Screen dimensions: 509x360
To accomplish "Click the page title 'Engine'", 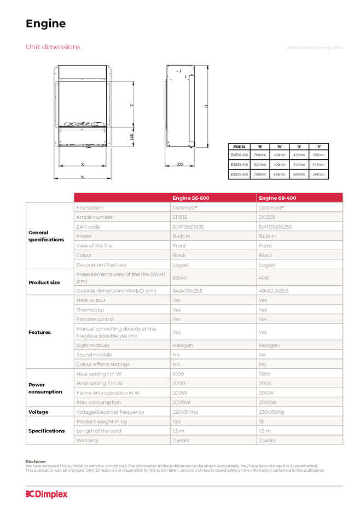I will [x=46, y=24].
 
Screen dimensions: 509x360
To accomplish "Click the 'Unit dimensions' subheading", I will [x=53, y=47].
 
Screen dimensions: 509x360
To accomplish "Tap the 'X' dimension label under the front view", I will [x=83, y=164].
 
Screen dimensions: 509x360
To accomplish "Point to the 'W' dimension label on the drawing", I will [x=83, y=177].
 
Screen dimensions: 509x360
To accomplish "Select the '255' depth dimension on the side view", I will [x=180, y=164].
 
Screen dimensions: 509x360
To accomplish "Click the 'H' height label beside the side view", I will [x=206, y=106].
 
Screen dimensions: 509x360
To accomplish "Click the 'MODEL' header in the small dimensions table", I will [x=239, y=147].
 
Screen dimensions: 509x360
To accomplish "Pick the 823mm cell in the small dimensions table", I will [x=260, y=164].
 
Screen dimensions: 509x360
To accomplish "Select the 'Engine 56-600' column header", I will [x=191, y=198].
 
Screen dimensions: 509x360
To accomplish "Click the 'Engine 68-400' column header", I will [x=277, y=198].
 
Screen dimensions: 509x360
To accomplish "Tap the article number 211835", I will [x=180, y=217].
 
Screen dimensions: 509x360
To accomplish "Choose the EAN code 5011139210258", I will [x=275, y=227].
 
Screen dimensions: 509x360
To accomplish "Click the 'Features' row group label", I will [x=39, y=332].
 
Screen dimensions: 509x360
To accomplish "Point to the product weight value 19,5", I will [x=177, y=421].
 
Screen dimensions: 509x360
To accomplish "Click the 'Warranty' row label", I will [x=88, y=441].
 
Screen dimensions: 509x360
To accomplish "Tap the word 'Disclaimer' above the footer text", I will [x=36, y=461].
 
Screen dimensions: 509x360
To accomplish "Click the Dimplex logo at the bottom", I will [x=47, y=494].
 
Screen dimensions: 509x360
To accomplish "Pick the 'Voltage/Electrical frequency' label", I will [x=111, y=412].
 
